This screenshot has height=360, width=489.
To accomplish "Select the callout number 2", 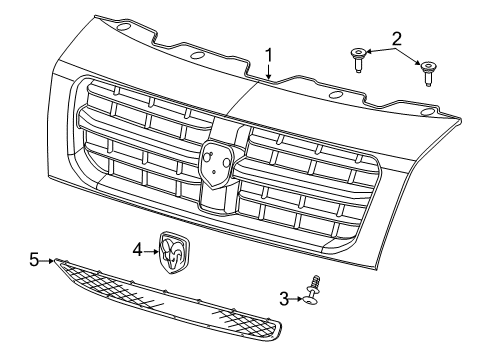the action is pyautogui.click(x=396, y=39).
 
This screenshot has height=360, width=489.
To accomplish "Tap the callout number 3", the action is pyautogui.click(x=284, y=299).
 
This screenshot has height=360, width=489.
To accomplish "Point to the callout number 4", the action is pyautogui.click(x=138, y=250).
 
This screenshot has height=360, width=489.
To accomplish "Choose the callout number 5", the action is pyautogui.click(x=34, y=260).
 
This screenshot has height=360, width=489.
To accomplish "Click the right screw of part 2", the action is pyautogui.click(x=428, y=74).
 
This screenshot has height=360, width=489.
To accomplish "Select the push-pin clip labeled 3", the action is pyautogui.click(x=312, y=289).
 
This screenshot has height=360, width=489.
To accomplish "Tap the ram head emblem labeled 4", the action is pyautogui.click(x=174, y=253).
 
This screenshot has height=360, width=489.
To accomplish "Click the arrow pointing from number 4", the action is pyautogui.click(x=151, y=251).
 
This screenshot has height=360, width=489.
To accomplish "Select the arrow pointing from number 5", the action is pyautogui.click(x=46, y=261).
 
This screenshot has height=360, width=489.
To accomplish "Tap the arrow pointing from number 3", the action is pyautogui.click(x=296, y=299).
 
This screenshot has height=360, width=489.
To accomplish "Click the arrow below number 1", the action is pyautogui.click(x=269, y=71).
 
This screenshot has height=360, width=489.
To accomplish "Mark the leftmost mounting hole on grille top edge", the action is pyautogui.click(x=124, y=28).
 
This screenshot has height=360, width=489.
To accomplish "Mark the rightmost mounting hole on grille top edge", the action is pyautogui.click(x=428, y=112).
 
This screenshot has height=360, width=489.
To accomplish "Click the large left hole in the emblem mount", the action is pyautogui.click(x=207, y=155).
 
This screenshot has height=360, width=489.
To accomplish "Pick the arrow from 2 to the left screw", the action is pyautogui.click(x=381, y=50).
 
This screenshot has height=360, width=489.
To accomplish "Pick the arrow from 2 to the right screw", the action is pyautogui.click(x=408, y=57).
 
